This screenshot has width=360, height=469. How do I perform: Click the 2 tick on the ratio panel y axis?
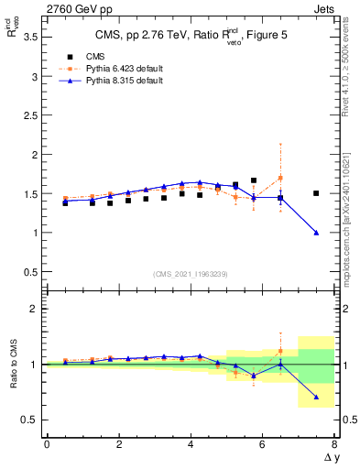click(x=35, y=309)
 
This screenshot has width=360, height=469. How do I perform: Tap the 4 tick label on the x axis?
click(x=191, y=443)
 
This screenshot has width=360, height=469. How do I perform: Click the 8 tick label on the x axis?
click(x=334, y=443)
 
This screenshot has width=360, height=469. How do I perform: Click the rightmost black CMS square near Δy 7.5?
click(x=316, y=193)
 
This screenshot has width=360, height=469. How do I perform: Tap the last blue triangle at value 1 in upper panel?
click(x=316, y=233)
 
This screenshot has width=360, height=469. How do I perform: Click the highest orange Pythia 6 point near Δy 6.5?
click(x=280, y=178)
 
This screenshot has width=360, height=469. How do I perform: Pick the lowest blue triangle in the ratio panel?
click(x=316, y=398)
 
